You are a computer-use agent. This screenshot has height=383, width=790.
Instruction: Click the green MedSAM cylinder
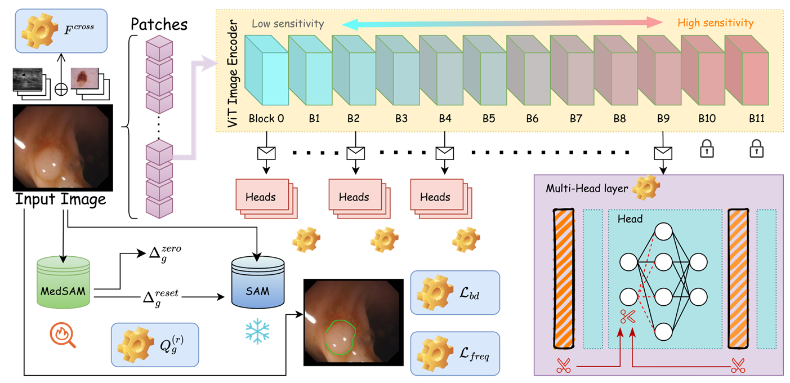tap(64, 283)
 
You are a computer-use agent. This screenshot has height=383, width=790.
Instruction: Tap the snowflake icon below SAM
tap(257, 332)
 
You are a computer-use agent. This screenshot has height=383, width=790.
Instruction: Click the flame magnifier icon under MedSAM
tap(63, 335)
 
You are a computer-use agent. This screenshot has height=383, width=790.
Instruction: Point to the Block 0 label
tap(266, 118)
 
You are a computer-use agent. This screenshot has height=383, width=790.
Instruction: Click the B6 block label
tap(532, 118)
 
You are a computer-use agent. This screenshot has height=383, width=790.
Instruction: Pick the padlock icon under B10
tap(707, 149)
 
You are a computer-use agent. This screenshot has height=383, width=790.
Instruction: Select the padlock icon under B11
tap(756, 149)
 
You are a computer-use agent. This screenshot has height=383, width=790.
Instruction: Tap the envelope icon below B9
tap(663, 153)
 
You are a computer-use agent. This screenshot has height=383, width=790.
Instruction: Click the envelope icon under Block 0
tap(266, 153)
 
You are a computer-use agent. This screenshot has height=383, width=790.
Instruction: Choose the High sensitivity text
tap(716, 23)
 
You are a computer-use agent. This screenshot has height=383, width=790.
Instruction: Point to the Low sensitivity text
tap(288, 24)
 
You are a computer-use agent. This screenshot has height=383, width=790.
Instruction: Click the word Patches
tap(159, 25)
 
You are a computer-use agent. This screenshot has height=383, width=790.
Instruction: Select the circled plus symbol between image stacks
tap(61, 89)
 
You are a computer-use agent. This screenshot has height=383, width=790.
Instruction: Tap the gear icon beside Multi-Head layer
tap(646, 188)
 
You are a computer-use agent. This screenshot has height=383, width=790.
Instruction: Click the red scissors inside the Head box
tap(628, 317)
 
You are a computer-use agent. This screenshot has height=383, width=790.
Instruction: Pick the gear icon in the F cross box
tap(39, 31)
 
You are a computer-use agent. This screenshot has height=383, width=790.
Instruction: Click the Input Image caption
tap(60, 199)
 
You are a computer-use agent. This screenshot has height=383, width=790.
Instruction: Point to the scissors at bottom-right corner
tap(738, 366)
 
